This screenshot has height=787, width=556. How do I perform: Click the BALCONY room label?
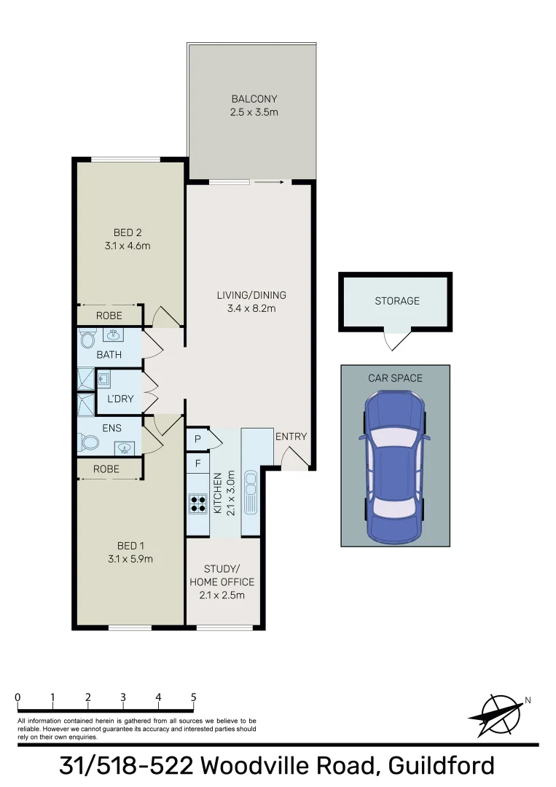coord(254,99)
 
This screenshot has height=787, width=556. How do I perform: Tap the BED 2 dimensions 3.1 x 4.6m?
coord(127,246)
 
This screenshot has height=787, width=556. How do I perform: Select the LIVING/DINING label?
coord(251,295)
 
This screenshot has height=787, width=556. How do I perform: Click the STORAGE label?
coord(397,300)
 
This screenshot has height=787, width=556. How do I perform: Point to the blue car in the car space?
coord(395,466)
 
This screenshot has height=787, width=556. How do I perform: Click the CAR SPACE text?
coord(395,377)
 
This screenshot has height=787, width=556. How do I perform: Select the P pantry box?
coord(197,439)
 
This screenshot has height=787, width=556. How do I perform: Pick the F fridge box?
coord(197,463)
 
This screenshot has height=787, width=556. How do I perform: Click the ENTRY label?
coord(291,436)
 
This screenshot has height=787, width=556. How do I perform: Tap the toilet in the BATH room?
coord(88,338)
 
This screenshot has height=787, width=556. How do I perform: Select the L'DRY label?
coord(120,399)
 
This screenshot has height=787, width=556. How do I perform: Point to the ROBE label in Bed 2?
coord(109,316)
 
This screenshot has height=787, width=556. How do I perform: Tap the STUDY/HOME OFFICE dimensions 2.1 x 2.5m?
coord(222,595)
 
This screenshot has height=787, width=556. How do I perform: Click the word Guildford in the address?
coord(442,766)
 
